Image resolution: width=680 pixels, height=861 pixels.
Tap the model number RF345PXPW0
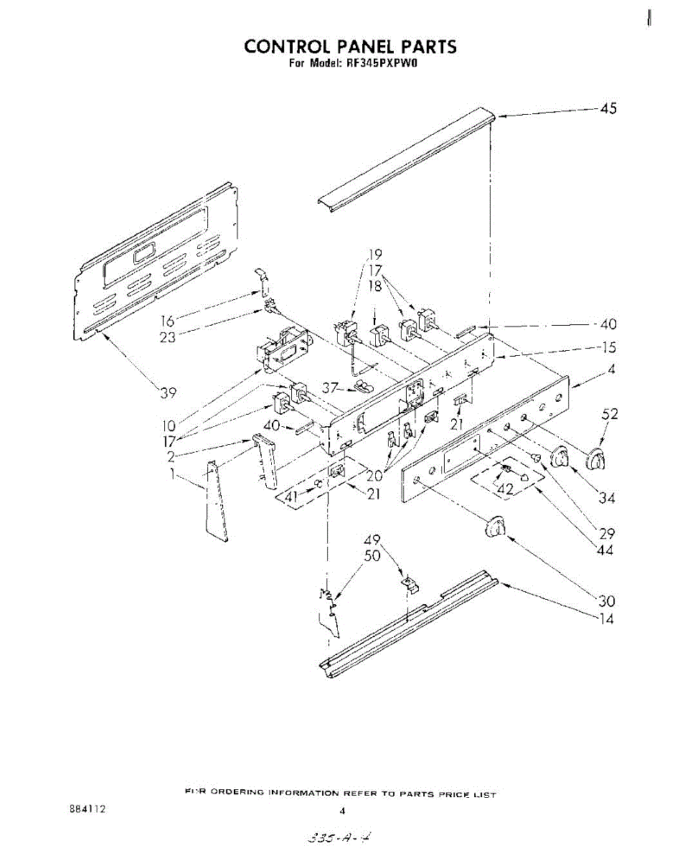tap(376, 64)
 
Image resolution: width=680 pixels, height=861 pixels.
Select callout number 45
tap(608, 109)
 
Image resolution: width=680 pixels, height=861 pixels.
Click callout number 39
tap(169, 392)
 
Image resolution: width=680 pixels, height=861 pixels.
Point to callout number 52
tap(610, 414)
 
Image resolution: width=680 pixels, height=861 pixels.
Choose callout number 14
tap(606, 619)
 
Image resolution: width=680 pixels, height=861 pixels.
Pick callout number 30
tap(607, 601)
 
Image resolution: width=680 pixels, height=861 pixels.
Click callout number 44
tap(606, 550)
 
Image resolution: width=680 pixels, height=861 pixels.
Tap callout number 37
tap(330, 388)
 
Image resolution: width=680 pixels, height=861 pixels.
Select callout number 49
tap(373, 540)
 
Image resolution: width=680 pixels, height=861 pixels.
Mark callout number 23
tap(167, 337)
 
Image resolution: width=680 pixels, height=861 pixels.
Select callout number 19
tap(375, 254)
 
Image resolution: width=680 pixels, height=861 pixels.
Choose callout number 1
tap(172, 474)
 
